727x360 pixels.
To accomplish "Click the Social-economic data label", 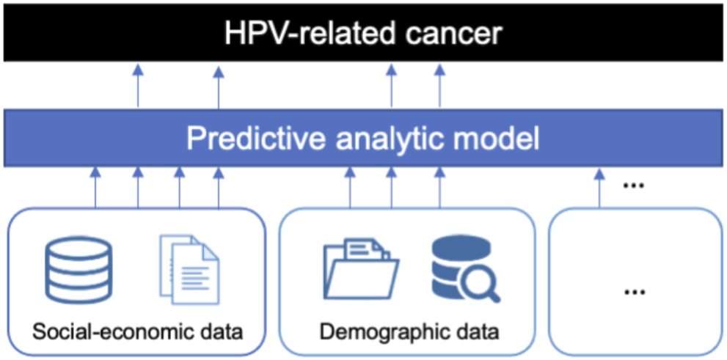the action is click(138, 332).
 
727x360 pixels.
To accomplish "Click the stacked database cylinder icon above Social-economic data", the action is click(78, 269).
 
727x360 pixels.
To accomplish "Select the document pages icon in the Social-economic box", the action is click(189, 269).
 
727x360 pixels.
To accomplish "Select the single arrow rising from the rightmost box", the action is click(599, 188).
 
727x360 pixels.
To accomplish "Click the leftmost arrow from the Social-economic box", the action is click(95, 188).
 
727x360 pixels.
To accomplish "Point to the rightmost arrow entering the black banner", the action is click(439, 87).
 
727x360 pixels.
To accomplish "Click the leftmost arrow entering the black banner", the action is click(138, 87).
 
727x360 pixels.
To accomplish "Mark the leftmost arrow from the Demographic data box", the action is click(350, 188).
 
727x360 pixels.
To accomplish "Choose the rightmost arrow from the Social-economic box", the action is click(219, 188).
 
